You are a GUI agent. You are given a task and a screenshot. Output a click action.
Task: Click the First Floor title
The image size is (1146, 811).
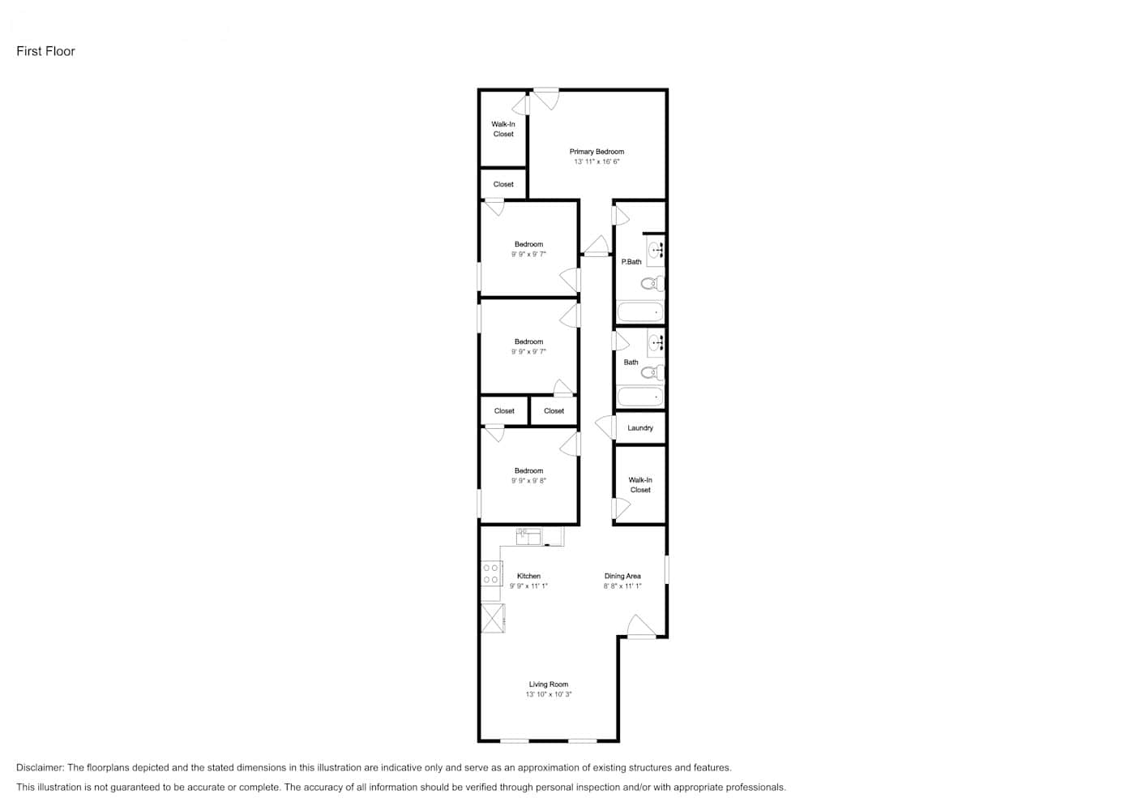point(45,51)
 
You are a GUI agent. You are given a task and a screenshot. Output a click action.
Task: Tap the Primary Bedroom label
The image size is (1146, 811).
point(597,152)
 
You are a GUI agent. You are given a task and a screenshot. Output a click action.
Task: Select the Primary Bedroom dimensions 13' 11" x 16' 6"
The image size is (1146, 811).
point(597,161)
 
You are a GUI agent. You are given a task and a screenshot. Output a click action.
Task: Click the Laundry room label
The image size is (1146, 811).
point(640,428)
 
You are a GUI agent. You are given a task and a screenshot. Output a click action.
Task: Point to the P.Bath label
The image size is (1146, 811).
point(631,262)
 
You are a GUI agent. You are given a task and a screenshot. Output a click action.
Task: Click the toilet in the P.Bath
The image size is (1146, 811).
point(652,283)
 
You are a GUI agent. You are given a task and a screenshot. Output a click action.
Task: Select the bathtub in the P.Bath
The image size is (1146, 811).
point(640,311)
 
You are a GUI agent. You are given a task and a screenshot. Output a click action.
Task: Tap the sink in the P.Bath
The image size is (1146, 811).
point(656,251)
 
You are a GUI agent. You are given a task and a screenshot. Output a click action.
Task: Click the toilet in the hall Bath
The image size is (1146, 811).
point(652,373)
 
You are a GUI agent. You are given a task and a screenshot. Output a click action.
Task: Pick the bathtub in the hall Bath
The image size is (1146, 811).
point(640,397)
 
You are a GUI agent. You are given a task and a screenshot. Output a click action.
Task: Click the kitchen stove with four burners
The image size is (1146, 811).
point(491,574)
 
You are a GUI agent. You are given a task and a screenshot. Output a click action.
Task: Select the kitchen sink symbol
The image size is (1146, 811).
point(528,537)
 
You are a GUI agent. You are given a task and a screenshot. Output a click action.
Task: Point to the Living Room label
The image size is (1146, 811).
point(549,684)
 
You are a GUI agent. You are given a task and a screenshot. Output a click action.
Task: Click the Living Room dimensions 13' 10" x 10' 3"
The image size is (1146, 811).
point(549,695)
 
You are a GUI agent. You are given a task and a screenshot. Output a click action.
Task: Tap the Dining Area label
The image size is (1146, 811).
point(622,577)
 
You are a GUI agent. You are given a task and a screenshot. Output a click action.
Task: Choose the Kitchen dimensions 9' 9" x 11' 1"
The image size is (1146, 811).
point(528,586)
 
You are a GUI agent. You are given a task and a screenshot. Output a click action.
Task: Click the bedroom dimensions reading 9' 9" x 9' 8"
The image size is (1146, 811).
point(529,481)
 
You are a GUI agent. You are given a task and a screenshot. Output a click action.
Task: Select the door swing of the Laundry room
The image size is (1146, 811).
point(605,427)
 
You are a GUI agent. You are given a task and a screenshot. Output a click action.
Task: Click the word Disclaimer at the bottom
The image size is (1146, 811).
point(40,768)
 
